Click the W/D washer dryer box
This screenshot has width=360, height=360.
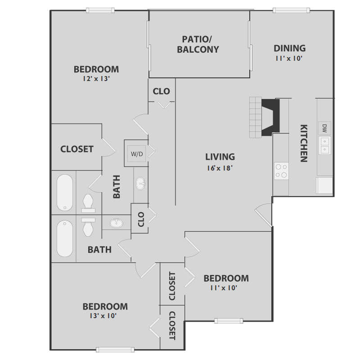tap(137, 154)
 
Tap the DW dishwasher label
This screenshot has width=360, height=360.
tap(324, 128)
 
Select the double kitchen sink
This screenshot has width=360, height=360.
tap(324, 144)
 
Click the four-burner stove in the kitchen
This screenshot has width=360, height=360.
tap(281, 171)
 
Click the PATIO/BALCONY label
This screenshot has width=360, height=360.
tap(198, 44)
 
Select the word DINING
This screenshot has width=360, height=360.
tap(290, 48)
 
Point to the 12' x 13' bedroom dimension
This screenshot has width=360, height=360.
tap(96, 79)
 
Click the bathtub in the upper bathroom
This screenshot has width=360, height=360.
tap(65, 193)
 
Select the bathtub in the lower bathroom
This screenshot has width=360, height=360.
tap(65, 238)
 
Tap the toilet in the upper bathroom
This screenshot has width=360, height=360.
tap(88, 203)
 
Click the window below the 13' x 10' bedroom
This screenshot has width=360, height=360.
tap(115, 349)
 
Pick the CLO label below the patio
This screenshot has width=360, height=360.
tap(162, 91)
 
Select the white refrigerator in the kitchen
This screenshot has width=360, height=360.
tap(324, 185)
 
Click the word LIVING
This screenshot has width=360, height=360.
tap(220, 157)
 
